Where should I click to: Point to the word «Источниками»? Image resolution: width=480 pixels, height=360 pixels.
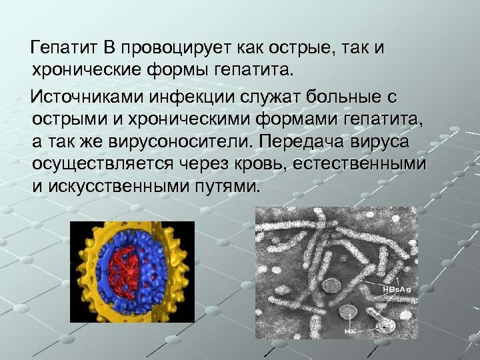pyautogui.click(x=88, y=97)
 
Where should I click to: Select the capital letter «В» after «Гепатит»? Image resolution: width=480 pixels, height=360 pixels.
pyautogui.click(x=109, y=48)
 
